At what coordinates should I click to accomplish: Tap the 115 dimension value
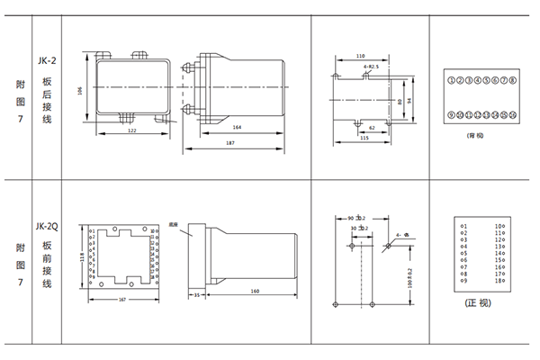[x=363, y=138]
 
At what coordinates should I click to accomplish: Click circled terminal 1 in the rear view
[x=451, y=81]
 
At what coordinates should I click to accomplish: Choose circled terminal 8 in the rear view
[x=511, y=81]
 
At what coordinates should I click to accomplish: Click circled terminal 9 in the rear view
[x=451, y=115]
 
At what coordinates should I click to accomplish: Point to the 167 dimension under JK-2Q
[x=122, y=300]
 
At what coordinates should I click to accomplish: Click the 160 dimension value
[x=256, y=292]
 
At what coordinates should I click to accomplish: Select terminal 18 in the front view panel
[x=498, y=282]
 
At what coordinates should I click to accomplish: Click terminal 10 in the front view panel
[x=498, y=225]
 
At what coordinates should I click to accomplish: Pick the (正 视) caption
[x=480, y=302]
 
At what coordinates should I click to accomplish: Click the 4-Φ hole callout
[x=400, y=237]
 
